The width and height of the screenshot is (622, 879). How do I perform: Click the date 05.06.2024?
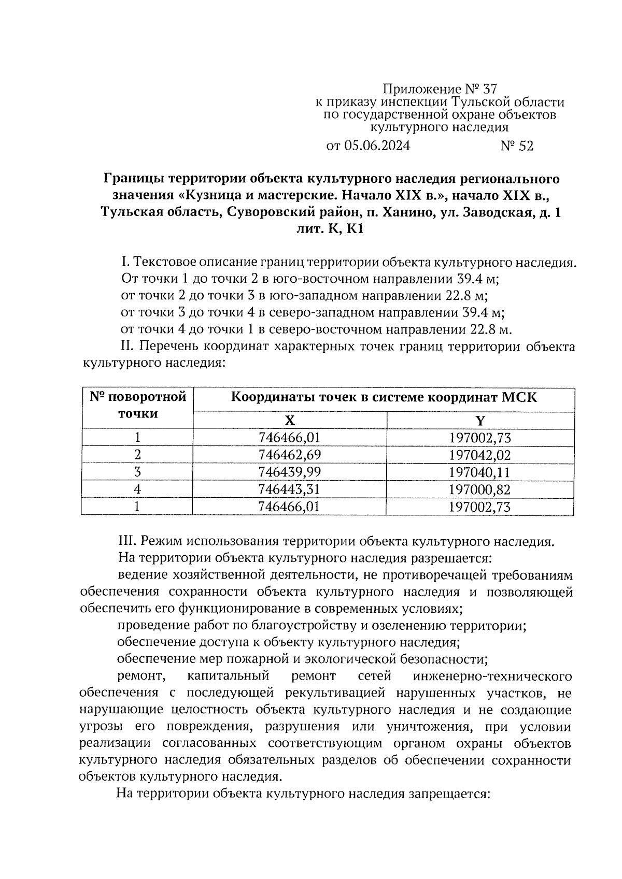(x=376, y=147)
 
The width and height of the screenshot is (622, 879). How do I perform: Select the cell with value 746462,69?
(x=289, y=455)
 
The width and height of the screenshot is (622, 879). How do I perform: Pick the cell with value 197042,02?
(x=480, y=455)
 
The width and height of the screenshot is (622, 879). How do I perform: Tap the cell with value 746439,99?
(x=289, y=472)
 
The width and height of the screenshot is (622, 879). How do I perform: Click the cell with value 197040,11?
(x=480, y=472)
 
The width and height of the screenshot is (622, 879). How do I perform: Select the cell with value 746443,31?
(x=289, y=489)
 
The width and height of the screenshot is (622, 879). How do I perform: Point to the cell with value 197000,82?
(x=480, y=489)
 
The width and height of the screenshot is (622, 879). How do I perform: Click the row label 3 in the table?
(x=137, y=472)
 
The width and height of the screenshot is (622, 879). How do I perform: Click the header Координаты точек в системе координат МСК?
(x=384, y=398)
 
